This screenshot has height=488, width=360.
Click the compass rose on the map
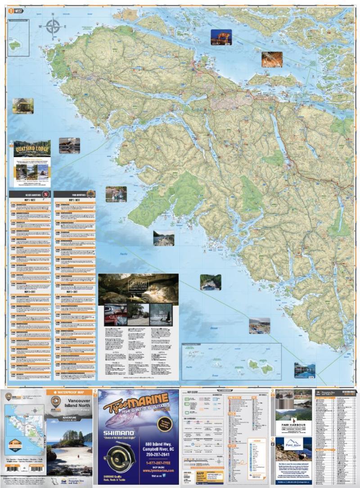click(x=53, y=26)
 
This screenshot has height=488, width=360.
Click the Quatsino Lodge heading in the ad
click(x=29, y=148)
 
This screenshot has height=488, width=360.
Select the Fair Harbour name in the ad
click(x=293, y=426)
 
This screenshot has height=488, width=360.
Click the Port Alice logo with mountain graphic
click(x=293, y=445)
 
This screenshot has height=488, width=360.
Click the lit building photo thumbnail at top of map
click(x=221, y=37)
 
